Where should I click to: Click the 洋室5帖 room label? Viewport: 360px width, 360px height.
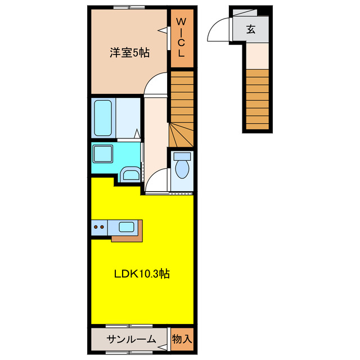[x=129, y=53]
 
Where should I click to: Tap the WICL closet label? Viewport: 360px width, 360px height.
[x=181, y=38]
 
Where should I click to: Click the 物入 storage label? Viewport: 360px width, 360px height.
[x=182, y=339]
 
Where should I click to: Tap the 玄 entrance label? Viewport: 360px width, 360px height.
[x=250, y=30]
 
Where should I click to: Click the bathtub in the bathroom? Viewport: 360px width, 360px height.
[x=103, y=118]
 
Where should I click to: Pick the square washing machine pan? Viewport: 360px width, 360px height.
[x=103, y=154]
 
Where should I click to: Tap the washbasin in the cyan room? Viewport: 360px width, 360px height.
[x=130, y=175]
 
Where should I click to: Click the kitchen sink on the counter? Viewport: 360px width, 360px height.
[x=125, y=227]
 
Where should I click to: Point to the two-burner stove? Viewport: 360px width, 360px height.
[x=100, y=227]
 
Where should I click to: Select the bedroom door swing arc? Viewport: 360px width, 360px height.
[x=156, y=84]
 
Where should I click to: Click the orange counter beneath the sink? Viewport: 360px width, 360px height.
[x=128, y=238]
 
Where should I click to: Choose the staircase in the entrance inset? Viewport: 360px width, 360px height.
[x=257, y=98]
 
